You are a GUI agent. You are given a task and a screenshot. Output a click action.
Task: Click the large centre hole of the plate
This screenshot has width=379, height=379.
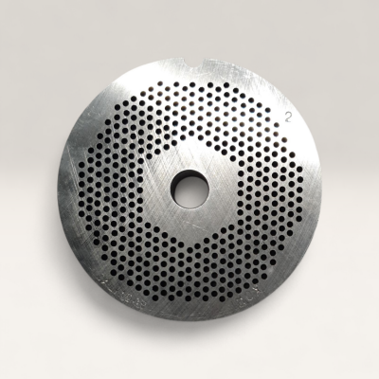[189, 189]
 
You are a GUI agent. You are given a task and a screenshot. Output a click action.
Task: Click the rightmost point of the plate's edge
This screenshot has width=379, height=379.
[319, 189]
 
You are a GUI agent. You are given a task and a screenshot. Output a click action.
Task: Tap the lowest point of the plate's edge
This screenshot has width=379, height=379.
[189, 319]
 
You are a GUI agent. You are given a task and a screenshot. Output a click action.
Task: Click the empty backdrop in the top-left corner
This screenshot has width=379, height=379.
[28, 28]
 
